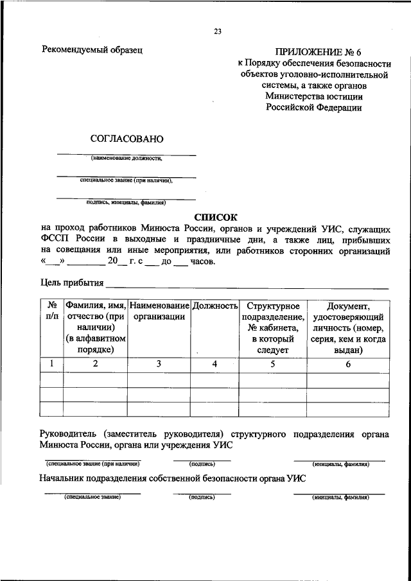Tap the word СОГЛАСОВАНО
pyautogui.click(x=127, y=139)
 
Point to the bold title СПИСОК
pyautogui.click(x=216, y=218)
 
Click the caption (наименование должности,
pyautogui.click(x=126, y=158)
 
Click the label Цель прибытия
pyautogui.click(x=71, y=283)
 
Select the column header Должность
pyautogui.click(x=215, y=306)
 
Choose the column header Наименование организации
pyautogui.click(x=159, y=311)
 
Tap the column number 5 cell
pyautogui.click(x=273, y=364)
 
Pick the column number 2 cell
pyautogui.click(x=95, y=364)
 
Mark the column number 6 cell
pyautogui.click(x=348, y=364)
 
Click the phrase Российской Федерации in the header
pyautogui.click(x=314, y=108)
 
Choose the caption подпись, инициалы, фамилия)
pyautogui.click(x=126, y=202)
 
